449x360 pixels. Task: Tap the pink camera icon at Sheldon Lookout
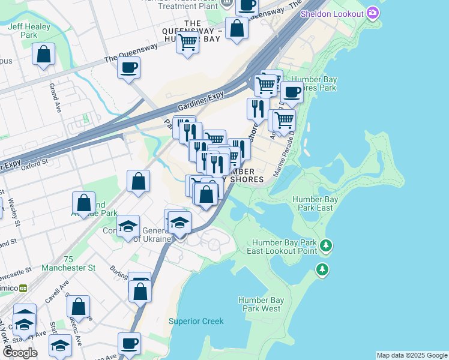tap(373, 13)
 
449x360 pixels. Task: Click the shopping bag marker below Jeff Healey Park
tap(44, 55)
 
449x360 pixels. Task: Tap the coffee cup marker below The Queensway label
tap(128, 67)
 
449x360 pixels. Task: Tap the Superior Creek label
tap(196, 321)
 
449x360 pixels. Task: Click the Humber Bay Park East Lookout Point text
tap(284, 246)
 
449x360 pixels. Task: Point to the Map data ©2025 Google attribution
tap(412, 355)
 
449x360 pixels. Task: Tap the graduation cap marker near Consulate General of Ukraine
tap(128, 227)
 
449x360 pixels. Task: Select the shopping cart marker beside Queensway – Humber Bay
tap(188, 43)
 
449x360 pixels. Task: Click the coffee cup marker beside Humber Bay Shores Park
tap(292, 92)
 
